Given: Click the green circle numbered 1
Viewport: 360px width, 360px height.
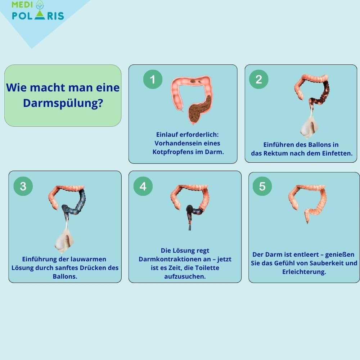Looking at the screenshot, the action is tap(153, 80).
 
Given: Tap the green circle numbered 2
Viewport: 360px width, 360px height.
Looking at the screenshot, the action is tap(259, 80).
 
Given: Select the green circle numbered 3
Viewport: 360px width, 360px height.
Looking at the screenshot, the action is tap(23, 186).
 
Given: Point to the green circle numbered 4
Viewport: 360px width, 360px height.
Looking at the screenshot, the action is tap(143, 186).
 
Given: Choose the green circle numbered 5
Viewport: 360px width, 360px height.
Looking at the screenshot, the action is tap(262, 186).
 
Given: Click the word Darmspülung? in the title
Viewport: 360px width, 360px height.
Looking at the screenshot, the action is tap(63, 103).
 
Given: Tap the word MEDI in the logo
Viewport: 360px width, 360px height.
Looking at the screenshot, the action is tap(22, 4).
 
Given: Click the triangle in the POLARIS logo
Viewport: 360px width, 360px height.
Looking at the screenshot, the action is tap(40, 15).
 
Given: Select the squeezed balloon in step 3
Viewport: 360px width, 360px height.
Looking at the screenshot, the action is tap(64, 242).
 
